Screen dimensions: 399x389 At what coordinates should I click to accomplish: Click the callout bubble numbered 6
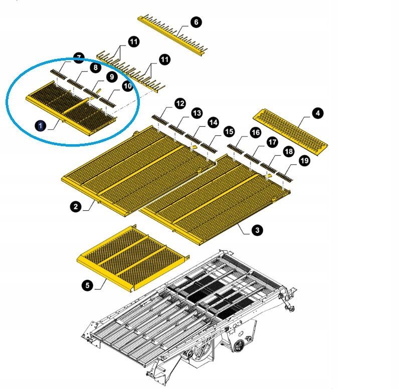pyautogui.click(x=196, y=22)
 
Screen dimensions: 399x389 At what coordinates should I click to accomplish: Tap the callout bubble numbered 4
pyautogui.click(x=318, y=113)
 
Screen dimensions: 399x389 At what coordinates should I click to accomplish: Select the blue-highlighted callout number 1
pyautogui.click(x=41, y=126)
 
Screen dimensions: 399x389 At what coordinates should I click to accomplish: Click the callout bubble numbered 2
pyautogui.click(x=76, y=206)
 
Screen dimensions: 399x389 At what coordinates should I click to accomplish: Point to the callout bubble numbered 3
pyautogui.click(x=257, y=230)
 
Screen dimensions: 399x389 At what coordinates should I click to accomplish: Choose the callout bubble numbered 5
pyautogui.click(x=87, y=285)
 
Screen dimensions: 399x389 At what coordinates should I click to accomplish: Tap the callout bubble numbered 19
pyautogui.click(x=304, y=161)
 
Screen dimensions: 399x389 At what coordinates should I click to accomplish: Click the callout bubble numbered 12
pyautogui.click(x=180, y=104)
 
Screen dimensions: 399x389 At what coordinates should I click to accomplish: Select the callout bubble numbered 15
pyautogui.click(x=229, y=132)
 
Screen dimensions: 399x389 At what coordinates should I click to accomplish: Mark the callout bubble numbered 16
pyautogui.click(x=255, y=132)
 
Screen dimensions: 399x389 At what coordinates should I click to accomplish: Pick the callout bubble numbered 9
pyautogui.click(x=112, y=77)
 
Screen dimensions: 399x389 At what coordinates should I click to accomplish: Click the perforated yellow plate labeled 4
pyautogui.click(x=290, y=132)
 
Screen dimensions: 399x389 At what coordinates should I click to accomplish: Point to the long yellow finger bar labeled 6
pyautogui.click(x=172, y=36)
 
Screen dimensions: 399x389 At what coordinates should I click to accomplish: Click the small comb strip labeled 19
pyautogui.click(x=285, y=177)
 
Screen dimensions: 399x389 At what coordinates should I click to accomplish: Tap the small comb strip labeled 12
pyautogui.click(x=160, y=120)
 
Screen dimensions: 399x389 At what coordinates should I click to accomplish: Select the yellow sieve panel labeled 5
pyautogui.click(x=133, y=259)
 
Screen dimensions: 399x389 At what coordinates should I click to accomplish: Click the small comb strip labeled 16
pyautogui.click(x=236, y=149)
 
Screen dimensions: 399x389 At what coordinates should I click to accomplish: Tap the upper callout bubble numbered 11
pyautogui.click(x=134, y=42)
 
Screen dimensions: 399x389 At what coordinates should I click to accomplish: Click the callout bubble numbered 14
pyautogui.click(x=213, y=123)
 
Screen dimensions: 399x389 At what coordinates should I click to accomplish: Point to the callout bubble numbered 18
pyautogui.click(x=288, y=151)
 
